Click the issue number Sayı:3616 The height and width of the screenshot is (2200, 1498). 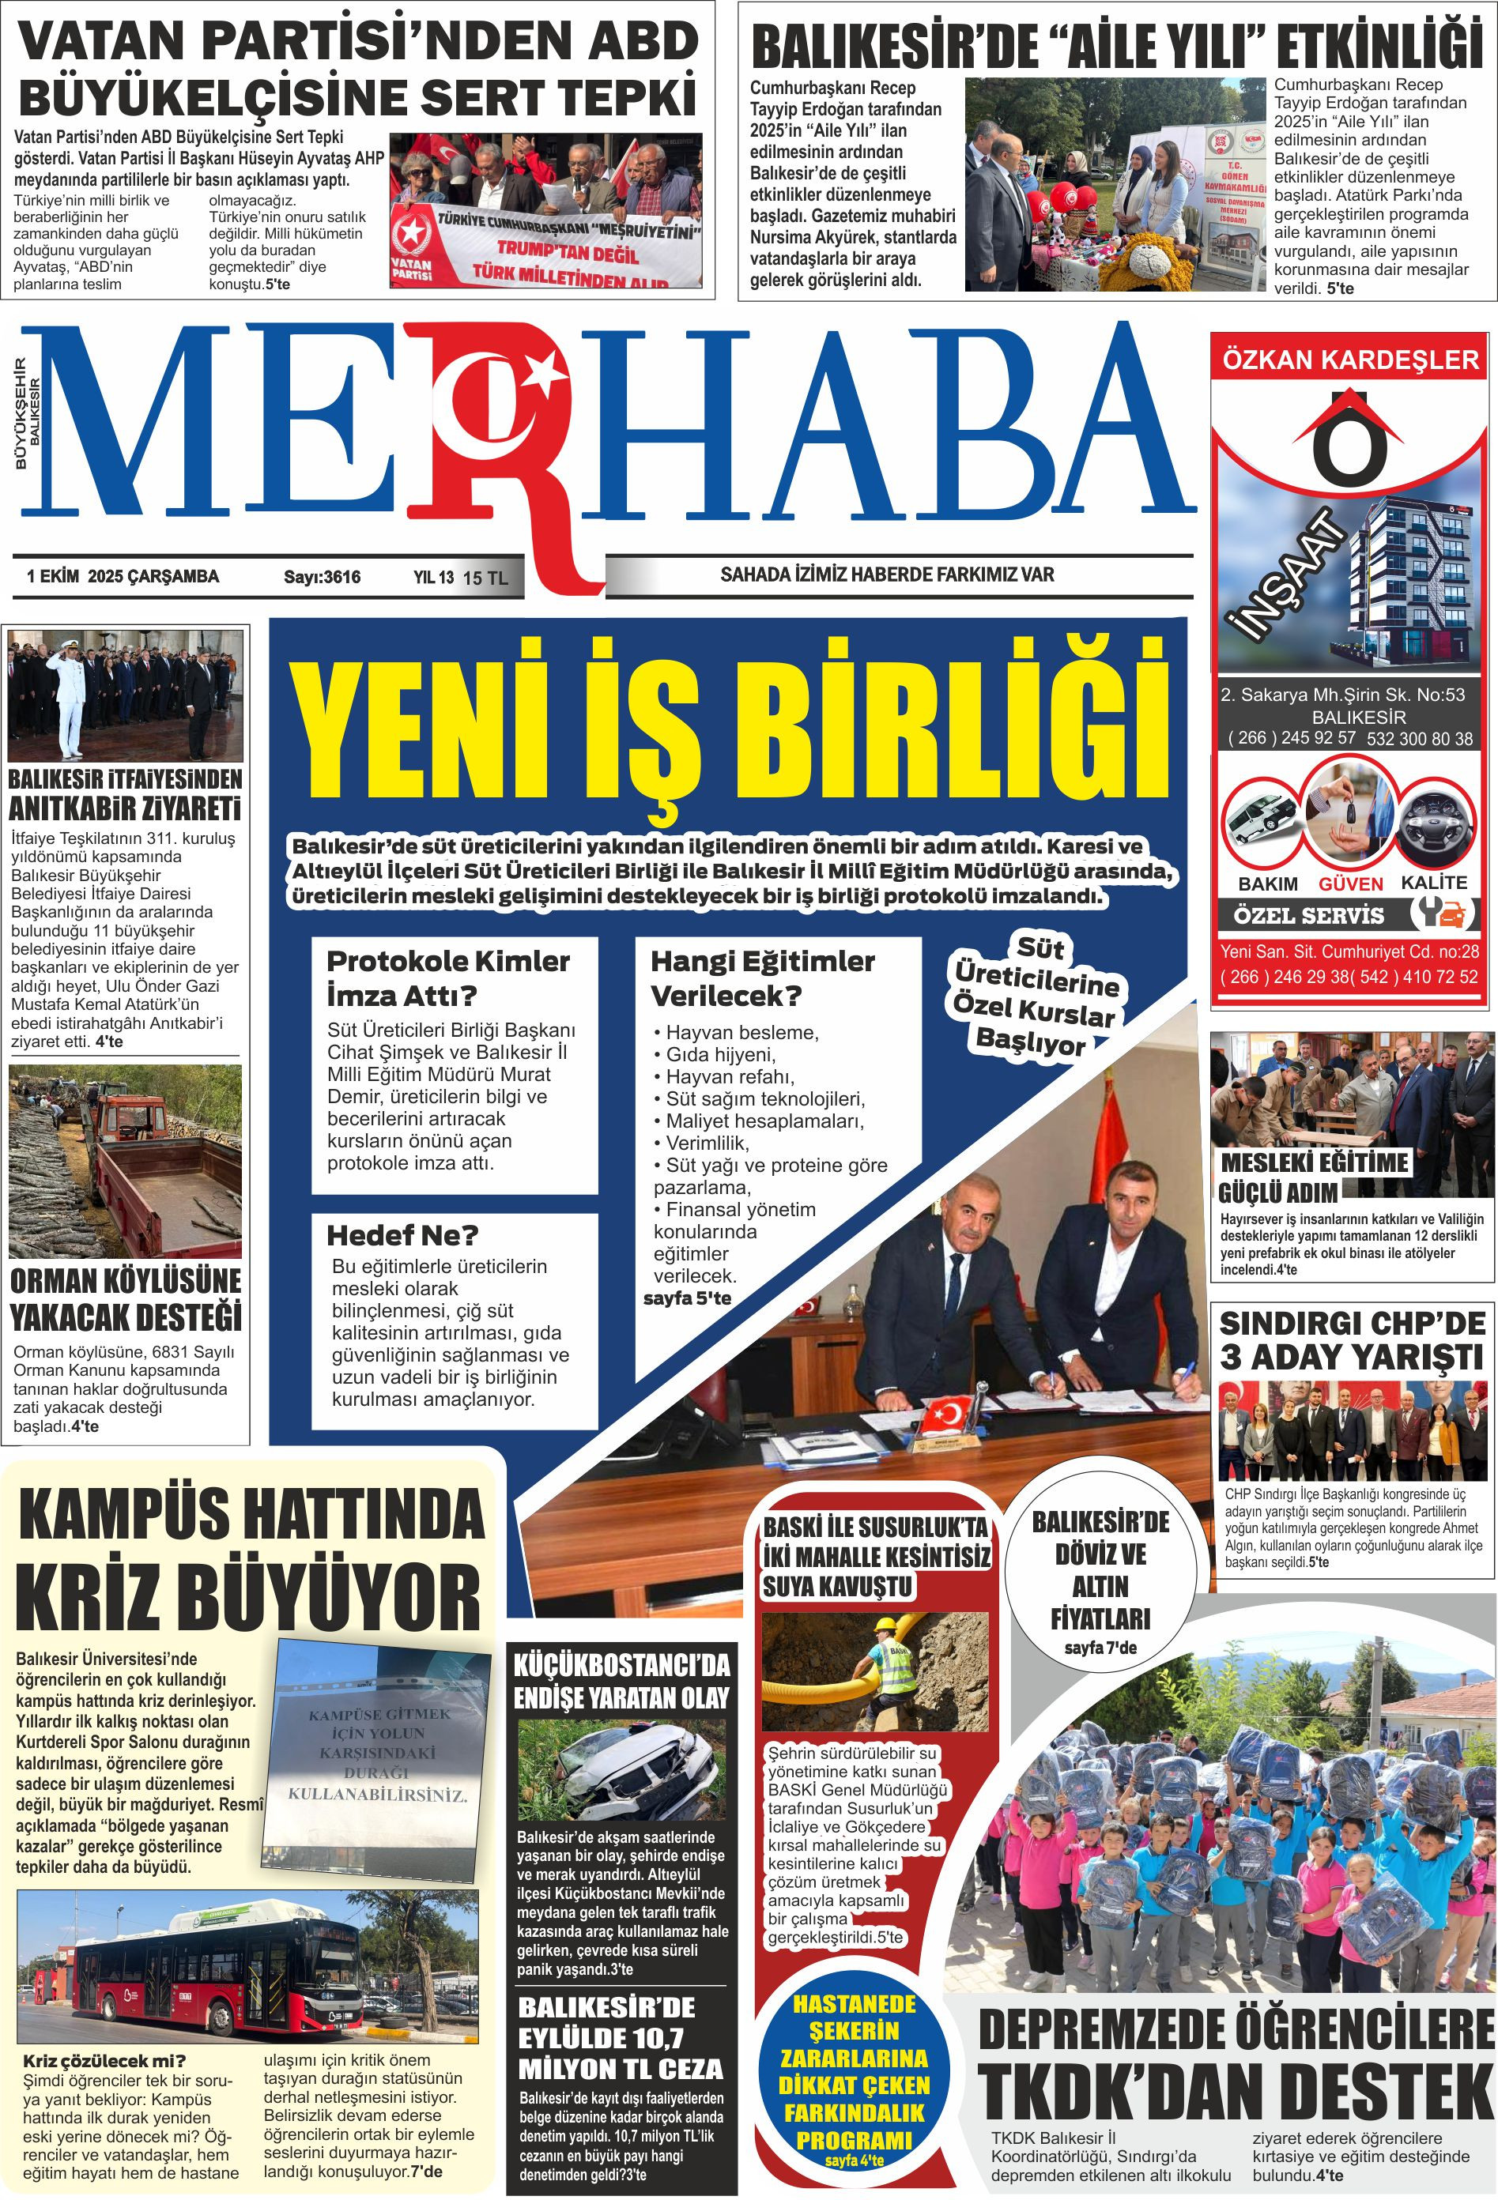322,577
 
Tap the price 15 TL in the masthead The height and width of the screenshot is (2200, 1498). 485,578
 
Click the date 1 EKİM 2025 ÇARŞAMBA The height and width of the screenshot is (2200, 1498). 123,577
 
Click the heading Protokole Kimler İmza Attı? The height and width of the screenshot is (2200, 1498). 448,978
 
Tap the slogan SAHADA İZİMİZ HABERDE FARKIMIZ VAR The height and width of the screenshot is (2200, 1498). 886,574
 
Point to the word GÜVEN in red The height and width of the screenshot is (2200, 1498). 1350,884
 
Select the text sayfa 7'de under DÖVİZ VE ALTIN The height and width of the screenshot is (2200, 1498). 1100,1648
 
